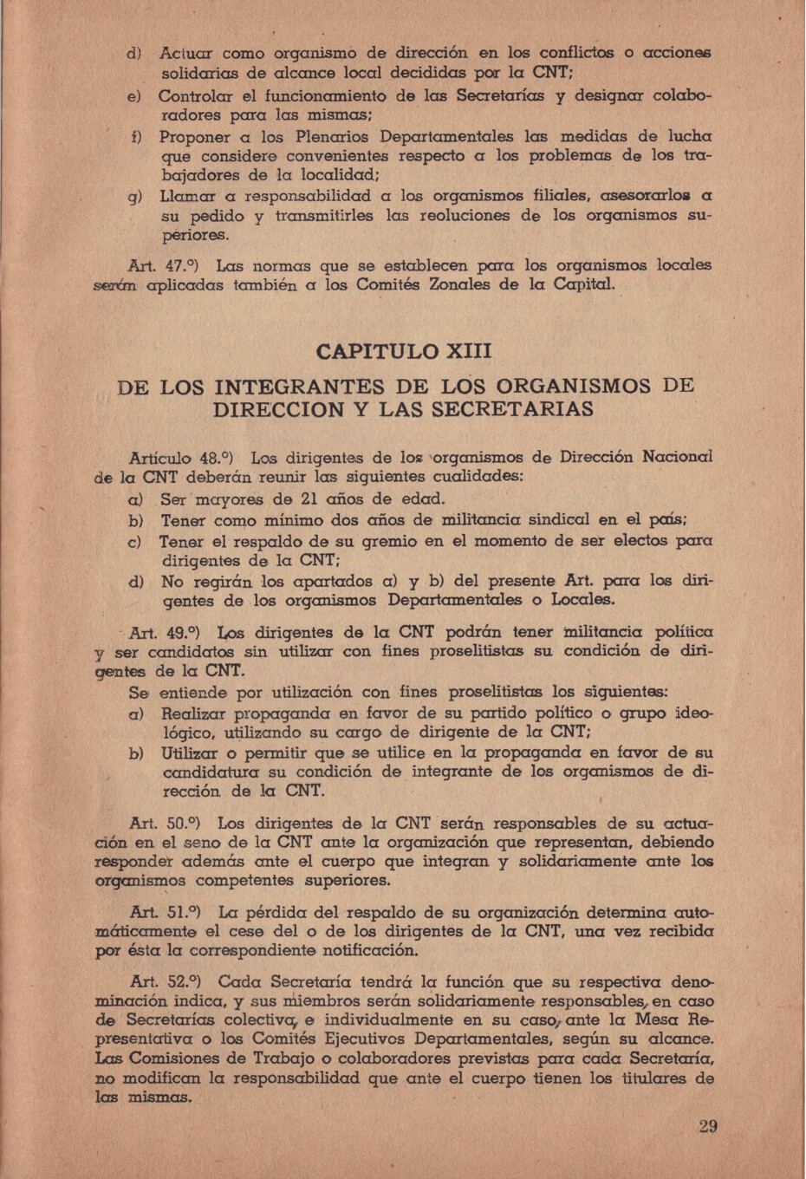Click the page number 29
pyautogui.click(x=707, y=1127)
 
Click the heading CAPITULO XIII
pyautogui.click(x=403, y=352)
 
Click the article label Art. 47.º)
pyautogui.click(x=165, y=265)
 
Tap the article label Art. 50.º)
pyautogui.click(x=166, y=824)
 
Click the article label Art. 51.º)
pyautogui.click(x=165, y=913)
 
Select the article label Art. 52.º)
pyautogui.click(x=166, y=983)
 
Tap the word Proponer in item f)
pyautogui.click(x=195, y=138)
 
